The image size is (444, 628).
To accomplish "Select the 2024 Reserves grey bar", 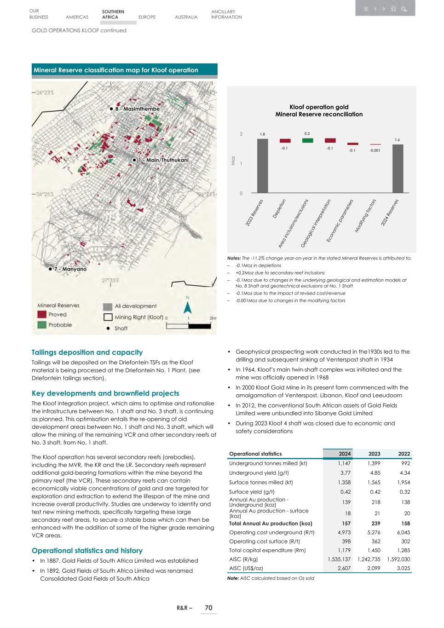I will pos(398,168).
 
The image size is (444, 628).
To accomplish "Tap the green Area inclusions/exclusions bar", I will pos(307,140).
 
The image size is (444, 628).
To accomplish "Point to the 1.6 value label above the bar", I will pos(398,139).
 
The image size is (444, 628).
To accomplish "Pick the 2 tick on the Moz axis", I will pos(241,134).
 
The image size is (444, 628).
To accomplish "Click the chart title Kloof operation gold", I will pos(319,107).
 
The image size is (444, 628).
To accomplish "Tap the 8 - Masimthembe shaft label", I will pos(137,109).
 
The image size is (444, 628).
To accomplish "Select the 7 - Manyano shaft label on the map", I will pos(70,269).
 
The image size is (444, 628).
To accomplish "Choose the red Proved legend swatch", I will pos(42,315).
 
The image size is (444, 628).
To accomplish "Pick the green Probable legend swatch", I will pos(42,325).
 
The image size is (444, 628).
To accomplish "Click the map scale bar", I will pos(189,326).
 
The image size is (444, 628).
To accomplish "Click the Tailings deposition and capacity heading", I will pos(87,352).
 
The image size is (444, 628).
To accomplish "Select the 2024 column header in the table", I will pos(345,454).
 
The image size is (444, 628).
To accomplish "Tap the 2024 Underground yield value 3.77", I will pos(345,473).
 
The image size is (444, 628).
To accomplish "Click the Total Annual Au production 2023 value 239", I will pos(375,524).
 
